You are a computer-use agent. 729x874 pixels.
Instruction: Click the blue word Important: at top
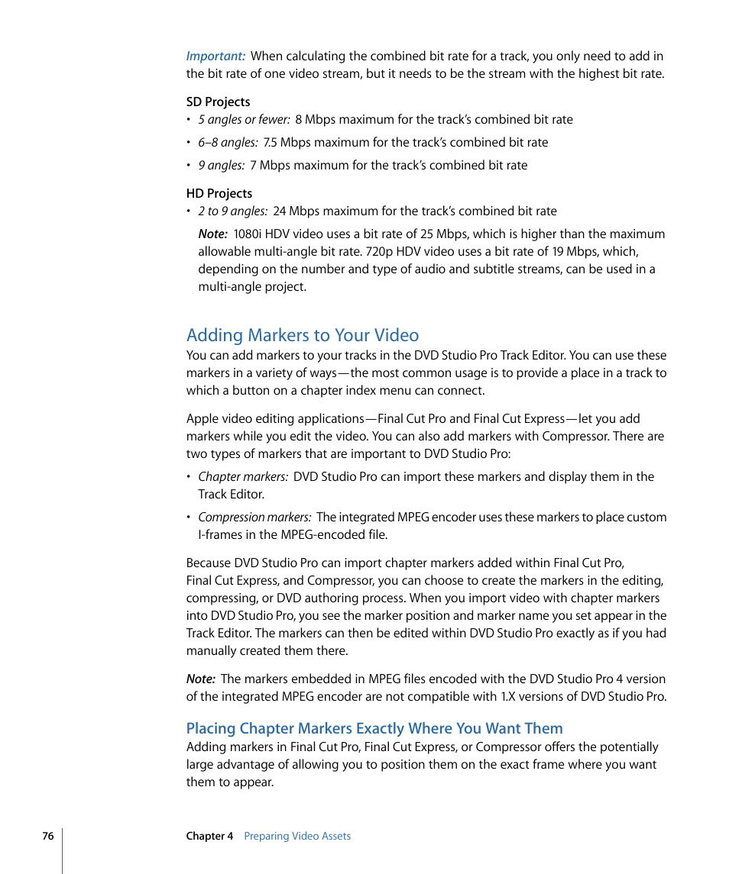coord(215,56)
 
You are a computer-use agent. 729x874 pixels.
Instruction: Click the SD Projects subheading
coord(218,102)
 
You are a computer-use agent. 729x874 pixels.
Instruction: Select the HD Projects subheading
coord(219,193)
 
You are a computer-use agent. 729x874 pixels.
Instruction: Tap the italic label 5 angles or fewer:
coord(244,120)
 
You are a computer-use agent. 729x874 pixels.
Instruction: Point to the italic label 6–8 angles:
coord(228,143)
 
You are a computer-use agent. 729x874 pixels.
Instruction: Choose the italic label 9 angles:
coord(221,166)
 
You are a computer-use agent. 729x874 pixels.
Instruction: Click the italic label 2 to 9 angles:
coord(232,211)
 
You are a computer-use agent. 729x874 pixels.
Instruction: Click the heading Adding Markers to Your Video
coord(303,335)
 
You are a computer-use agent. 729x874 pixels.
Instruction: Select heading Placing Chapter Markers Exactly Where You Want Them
coord(374,728)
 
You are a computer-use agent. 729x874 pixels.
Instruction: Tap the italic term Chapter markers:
coord(243,477)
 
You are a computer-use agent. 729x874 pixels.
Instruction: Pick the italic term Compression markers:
coord(254,518)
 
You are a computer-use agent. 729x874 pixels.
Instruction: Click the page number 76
coord(48,836)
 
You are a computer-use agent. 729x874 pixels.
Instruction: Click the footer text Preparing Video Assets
coord(297,836)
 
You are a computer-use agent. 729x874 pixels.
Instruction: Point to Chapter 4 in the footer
coord(209,836)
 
